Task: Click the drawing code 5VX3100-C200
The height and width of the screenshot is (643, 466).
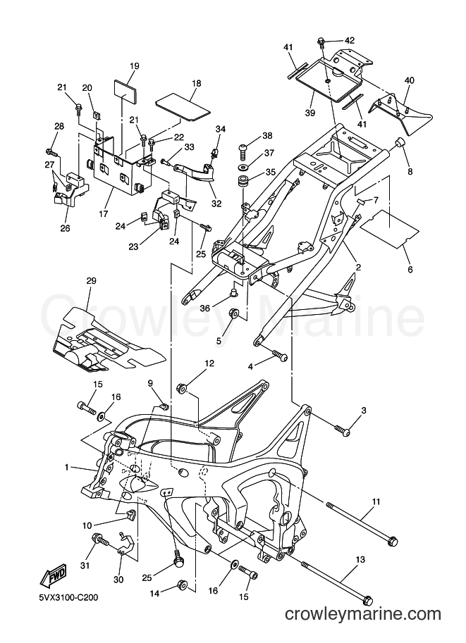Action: tap(66, 597)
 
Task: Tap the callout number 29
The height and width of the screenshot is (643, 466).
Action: tap(91, 281)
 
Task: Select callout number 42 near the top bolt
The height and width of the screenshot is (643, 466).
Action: tap(350, 40)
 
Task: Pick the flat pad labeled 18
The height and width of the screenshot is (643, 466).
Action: tap(183, 106)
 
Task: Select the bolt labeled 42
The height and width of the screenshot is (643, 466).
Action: tap(322, 42)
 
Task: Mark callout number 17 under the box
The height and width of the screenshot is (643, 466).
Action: tap(103, 214)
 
